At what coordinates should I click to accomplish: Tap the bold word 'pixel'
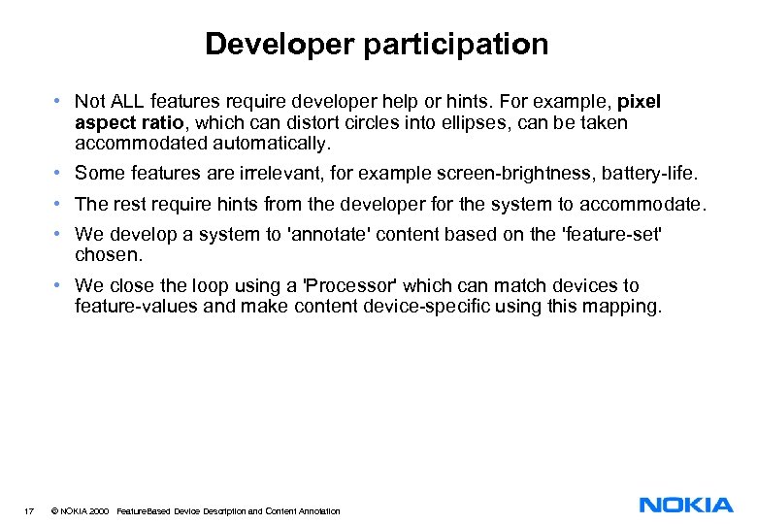pos(639,102)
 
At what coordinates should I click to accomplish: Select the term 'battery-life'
pos(648,174)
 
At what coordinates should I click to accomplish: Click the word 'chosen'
pos(108,255)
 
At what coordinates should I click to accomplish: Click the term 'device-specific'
pos(468,308)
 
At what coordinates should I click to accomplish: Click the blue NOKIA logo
pos(686,505)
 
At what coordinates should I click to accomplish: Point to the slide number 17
pos(31,511)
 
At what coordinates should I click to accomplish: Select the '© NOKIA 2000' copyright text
pos(79,511)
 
